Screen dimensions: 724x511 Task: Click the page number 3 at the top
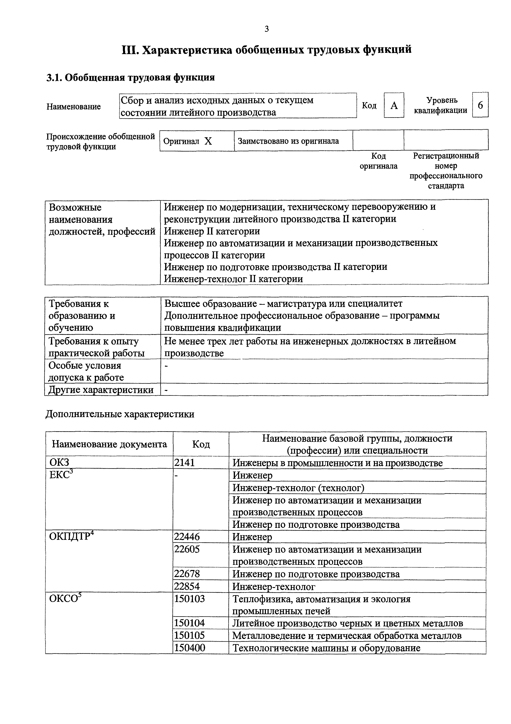(267, 29)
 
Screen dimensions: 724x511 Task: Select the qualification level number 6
(480, 105)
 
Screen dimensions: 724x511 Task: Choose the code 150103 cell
(190, 598)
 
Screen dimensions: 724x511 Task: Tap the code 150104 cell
(190, 623)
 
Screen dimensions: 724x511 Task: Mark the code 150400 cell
(190, 648)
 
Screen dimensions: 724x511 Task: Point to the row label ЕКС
(61, 475)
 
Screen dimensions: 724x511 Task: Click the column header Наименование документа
(109, 444)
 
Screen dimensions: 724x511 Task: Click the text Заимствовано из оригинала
(288, 141)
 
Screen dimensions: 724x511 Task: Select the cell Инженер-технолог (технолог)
(298, 488)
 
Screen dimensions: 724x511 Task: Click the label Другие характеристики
(101, 390)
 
